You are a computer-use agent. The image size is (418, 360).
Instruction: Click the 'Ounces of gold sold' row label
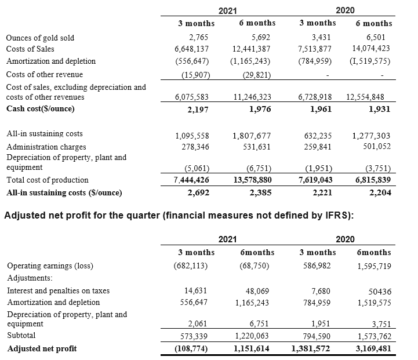point(40,38)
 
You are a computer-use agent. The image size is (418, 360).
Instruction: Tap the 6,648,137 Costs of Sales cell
point(192,49)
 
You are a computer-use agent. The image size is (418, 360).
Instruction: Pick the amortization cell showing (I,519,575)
point(370,60)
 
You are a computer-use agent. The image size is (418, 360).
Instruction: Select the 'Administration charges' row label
point(46,147)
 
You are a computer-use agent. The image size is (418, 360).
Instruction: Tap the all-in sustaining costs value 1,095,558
point(192,136)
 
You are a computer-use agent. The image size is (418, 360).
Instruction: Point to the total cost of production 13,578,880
point(252,180)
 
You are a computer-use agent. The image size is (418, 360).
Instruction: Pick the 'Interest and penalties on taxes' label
point(58,290)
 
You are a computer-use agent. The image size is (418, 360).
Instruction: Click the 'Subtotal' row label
point(21,336)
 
